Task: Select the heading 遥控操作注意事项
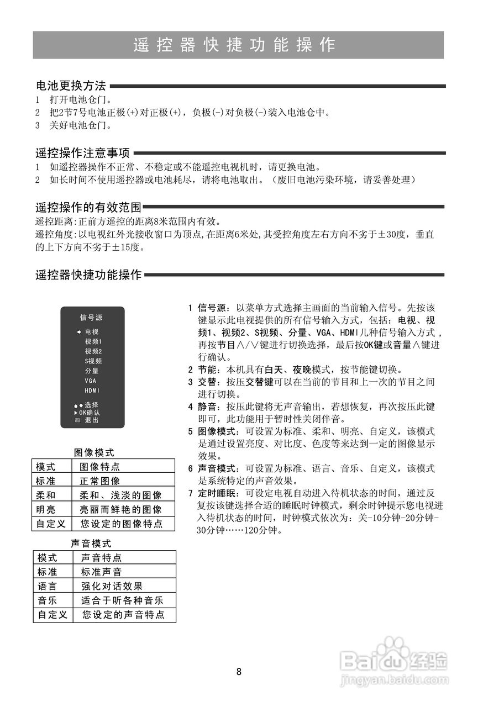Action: coord(82,153)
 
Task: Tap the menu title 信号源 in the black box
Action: coord(91,318)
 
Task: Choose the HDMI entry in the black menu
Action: coord(92,391)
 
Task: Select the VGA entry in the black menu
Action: coord(91,381)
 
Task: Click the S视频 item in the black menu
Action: coord(93,361)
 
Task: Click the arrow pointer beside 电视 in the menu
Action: coord(80,332)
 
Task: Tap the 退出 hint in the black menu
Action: coord(92,420)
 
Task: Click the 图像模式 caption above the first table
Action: coord(94,452)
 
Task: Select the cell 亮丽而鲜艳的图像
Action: coord(121,510)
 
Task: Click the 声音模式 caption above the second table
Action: coord(91,544)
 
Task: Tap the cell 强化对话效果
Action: coord(112,587)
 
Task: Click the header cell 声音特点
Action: coord(102,558)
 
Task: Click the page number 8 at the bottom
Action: coord(239,672)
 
